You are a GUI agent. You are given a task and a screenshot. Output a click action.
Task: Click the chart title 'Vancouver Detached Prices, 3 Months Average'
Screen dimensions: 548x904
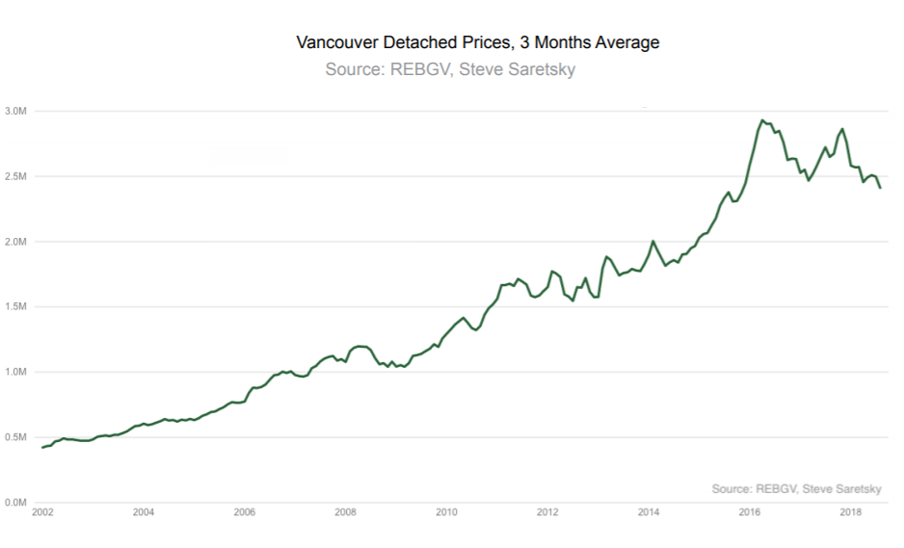pos(478,43)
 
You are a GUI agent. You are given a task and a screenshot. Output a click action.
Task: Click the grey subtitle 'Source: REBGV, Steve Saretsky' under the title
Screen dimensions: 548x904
pos(450,70)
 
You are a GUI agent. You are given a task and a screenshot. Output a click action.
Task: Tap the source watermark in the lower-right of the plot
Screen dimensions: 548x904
pos(796,488)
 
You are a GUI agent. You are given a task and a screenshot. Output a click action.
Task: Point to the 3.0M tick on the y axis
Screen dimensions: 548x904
pos(18,112)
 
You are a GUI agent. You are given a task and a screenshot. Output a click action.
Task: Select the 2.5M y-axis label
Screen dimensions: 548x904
pos(18,176)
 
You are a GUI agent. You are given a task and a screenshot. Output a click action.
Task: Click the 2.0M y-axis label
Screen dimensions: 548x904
pos(18,242)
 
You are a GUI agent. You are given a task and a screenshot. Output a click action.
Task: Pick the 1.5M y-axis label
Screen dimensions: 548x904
pos(18,307)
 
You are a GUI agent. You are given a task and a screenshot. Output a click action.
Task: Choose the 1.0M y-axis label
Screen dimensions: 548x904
pos(18,372)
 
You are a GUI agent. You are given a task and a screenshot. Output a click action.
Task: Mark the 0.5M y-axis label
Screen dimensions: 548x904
pos(18,437)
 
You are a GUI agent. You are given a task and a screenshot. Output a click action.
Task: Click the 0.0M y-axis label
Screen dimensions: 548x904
pos(18,502)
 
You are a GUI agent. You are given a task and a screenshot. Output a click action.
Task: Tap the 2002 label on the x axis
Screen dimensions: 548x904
pos(42,512)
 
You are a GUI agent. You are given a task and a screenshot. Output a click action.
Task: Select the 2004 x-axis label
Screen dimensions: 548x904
pos(144,512)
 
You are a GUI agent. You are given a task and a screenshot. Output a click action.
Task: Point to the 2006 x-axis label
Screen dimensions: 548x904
pos(245,512)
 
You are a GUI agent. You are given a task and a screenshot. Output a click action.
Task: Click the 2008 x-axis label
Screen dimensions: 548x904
pos(345,512)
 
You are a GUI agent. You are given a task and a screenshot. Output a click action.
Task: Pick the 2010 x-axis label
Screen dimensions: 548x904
pos(446,512)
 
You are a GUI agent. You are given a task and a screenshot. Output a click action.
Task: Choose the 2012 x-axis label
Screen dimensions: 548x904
pos(547,512)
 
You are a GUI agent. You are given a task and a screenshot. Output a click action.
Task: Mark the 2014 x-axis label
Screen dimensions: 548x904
pos(649,512)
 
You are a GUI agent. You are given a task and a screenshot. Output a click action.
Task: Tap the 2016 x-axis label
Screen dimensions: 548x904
pos(749,512)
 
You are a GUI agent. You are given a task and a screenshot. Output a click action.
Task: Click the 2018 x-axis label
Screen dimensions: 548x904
pos(850,512)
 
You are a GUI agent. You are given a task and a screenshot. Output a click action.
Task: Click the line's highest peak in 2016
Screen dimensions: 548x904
pos(762,120)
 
